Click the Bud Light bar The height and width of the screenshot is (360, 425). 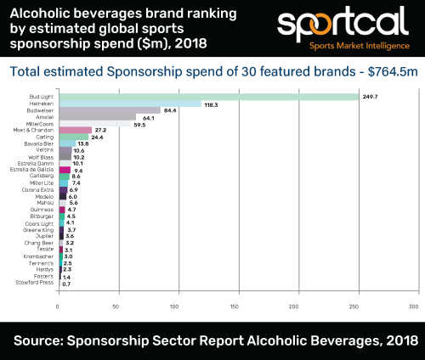(208, 97)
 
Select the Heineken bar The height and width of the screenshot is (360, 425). (129, 104)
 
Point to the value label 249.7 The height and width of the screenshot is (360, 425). (371, 97)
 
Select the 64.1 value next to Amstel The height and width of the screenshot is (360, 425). (150, 117)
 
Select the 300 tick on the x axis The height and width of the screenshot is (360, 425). (414, 306)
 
